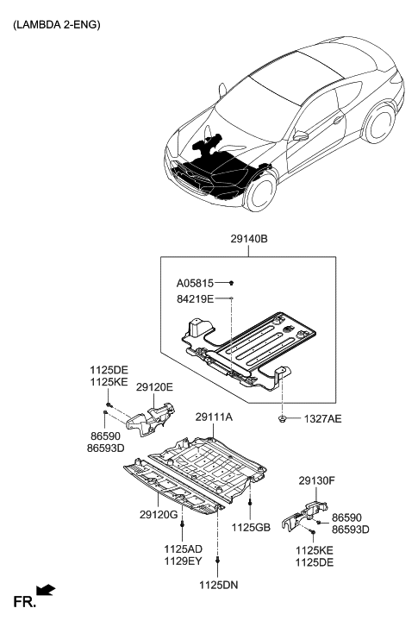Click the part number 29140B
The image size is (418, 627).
click(248, 244)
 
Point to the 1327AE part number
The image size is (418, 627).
click(323, 418)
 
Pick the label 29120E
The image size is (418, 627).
click(154, 388)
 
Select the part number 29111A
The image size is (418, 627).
click(215, 417)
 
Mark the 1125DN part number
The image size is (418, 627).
click(217, 586)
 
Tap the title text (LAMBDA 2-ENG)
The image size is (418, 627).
click(56, 24)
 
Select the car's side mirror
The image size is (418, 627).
click(302, 136)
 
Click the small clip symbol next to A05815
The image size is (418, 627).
click(233, 283)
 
